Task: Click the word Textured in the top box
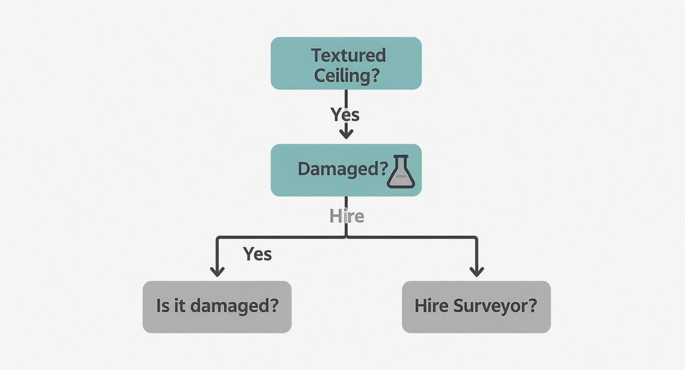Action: click(348, 55)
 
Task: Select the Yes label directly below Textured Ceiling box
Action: click(345, 115)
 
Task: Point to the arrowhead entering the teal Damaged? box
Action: click(346, 133)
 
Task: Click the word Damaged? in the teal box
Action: click(343, 169)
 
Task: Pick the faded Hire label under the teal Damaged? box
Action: click(346, 216)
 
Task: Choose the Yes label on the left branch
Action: click(257, 254)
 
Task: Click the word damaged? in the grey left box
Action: click(234, 306)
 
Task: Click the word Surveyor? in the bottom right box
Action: click(495, 307)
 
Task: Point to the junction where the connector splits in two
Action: click(346, 237)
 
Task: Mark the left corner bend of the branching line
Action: click(218, 238)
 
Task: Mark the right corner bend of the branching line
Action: click(476, 238)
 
